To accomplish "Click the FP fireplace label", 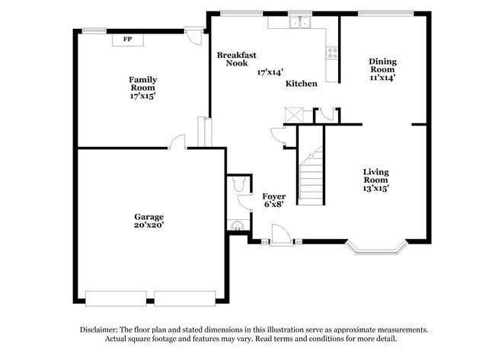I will coord(127,40).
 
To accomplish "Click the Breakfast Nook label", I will coord(236,59).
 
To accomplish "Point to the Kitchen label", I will coord(301,83).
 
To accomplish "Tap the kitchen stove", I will coord(332,53).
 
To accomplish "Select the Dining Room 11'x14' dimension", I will coord(382,76).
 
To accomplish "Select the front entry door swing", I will coord(282,235).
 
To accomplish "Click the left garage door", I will coord(116,298).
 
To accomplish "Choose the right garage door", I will coord(185,298).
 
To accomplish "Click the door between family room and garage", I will coord(177,142).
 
